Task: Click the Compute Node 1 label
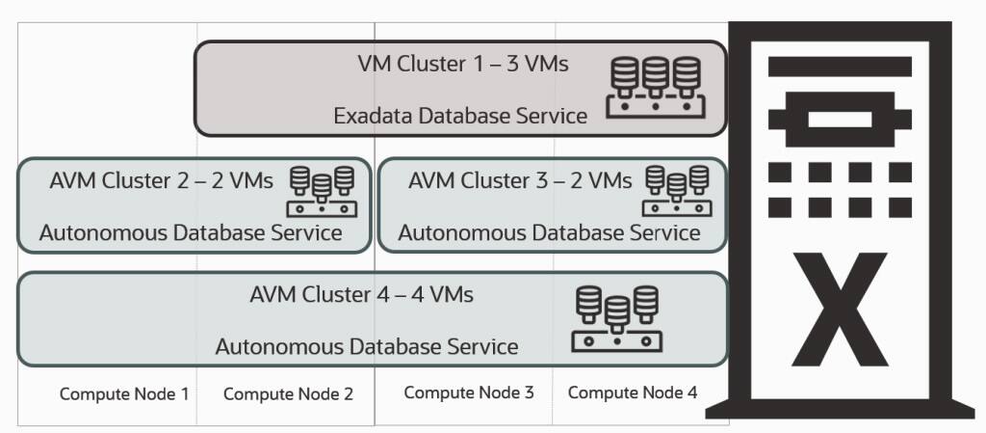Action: pyautogui.click(x=123, y=393)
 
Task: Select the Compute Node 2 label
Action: pyautogui.click(x=288, y=393)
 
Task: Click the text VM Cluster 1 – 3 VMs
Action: pyautogui.click(x=463, y=65)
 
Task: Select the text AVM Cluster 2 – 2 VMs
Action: pyautogui.click(x=161, y=180)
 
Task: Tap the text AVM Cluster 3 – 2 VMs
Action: pyautogui.click(x=520, y=180)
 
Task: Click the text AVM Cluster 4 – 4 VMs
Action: pyautogui.click(x=361, y=294)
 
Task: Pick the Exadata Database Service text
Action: pyautogui.click(x=460, y=116)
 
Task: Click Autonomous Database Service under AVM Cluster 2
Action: pyautogui.click(x=191, y=232)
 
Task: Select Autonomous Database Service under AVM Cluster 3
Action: pyautogui.click(x=549, y=232)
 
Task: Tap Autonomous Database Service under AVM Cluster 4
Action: pyautogui.click(x=367, y=346)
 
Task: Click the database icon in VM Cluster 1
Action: pyautogui.click(x=655, y=88)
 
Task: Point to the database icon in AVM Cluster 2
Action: pyautogui.click(x=322, y=190)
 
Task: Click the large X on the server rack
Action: pyautogui.click(x=839, y=306)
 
